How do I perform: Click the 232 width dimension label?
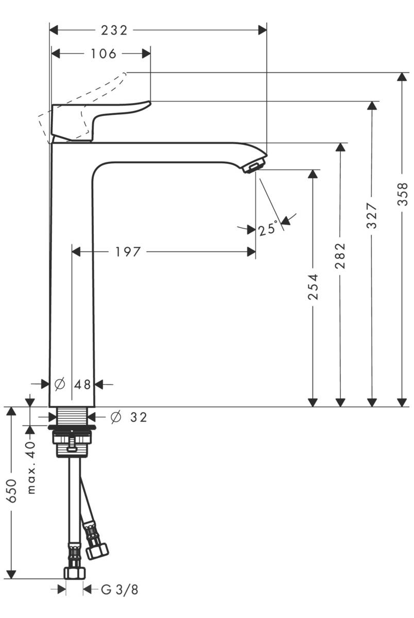pyautogui.click(x=114, y=30)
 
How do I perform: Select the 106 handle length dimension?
pyautogui.click(x=104, y=54)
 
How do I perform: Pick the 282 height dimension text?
pyautogui.click(x=340, y=256)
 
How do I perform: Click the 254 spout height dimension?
pyautogui.click(x=313, y=287)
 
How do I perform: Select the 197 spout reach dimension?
pyautogui.click(x=127, y=252)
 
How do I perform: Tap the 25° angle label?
pyautogui.click(x=268, y=228)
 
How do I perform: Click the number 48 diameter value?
pyautogui.click(x=82, y=384)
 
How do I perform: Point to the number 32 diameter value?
pyautogui.click(x=138, y=417)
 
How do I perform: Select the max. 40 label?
pyautogui.click(x=31, y=468)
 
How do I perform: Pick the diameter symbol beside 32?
pyautogui.click(x=116, y=417)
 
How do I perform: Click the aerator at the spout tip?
pyautogui.click(x=253, y=167)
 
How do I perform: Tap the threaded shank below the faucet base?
pyautogui.click(x=72, y=416)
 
